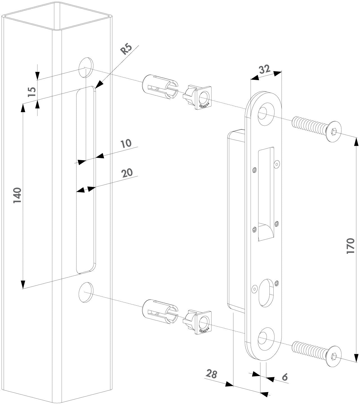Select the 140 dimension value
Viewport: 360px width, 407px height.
[18, 195]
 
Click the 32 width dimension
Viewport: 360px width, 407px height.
[264, 69]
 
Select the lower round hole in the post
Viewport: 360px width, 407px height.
[86, 292]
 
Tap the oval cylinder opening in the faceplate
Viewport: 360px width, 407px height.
[266, 292]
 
